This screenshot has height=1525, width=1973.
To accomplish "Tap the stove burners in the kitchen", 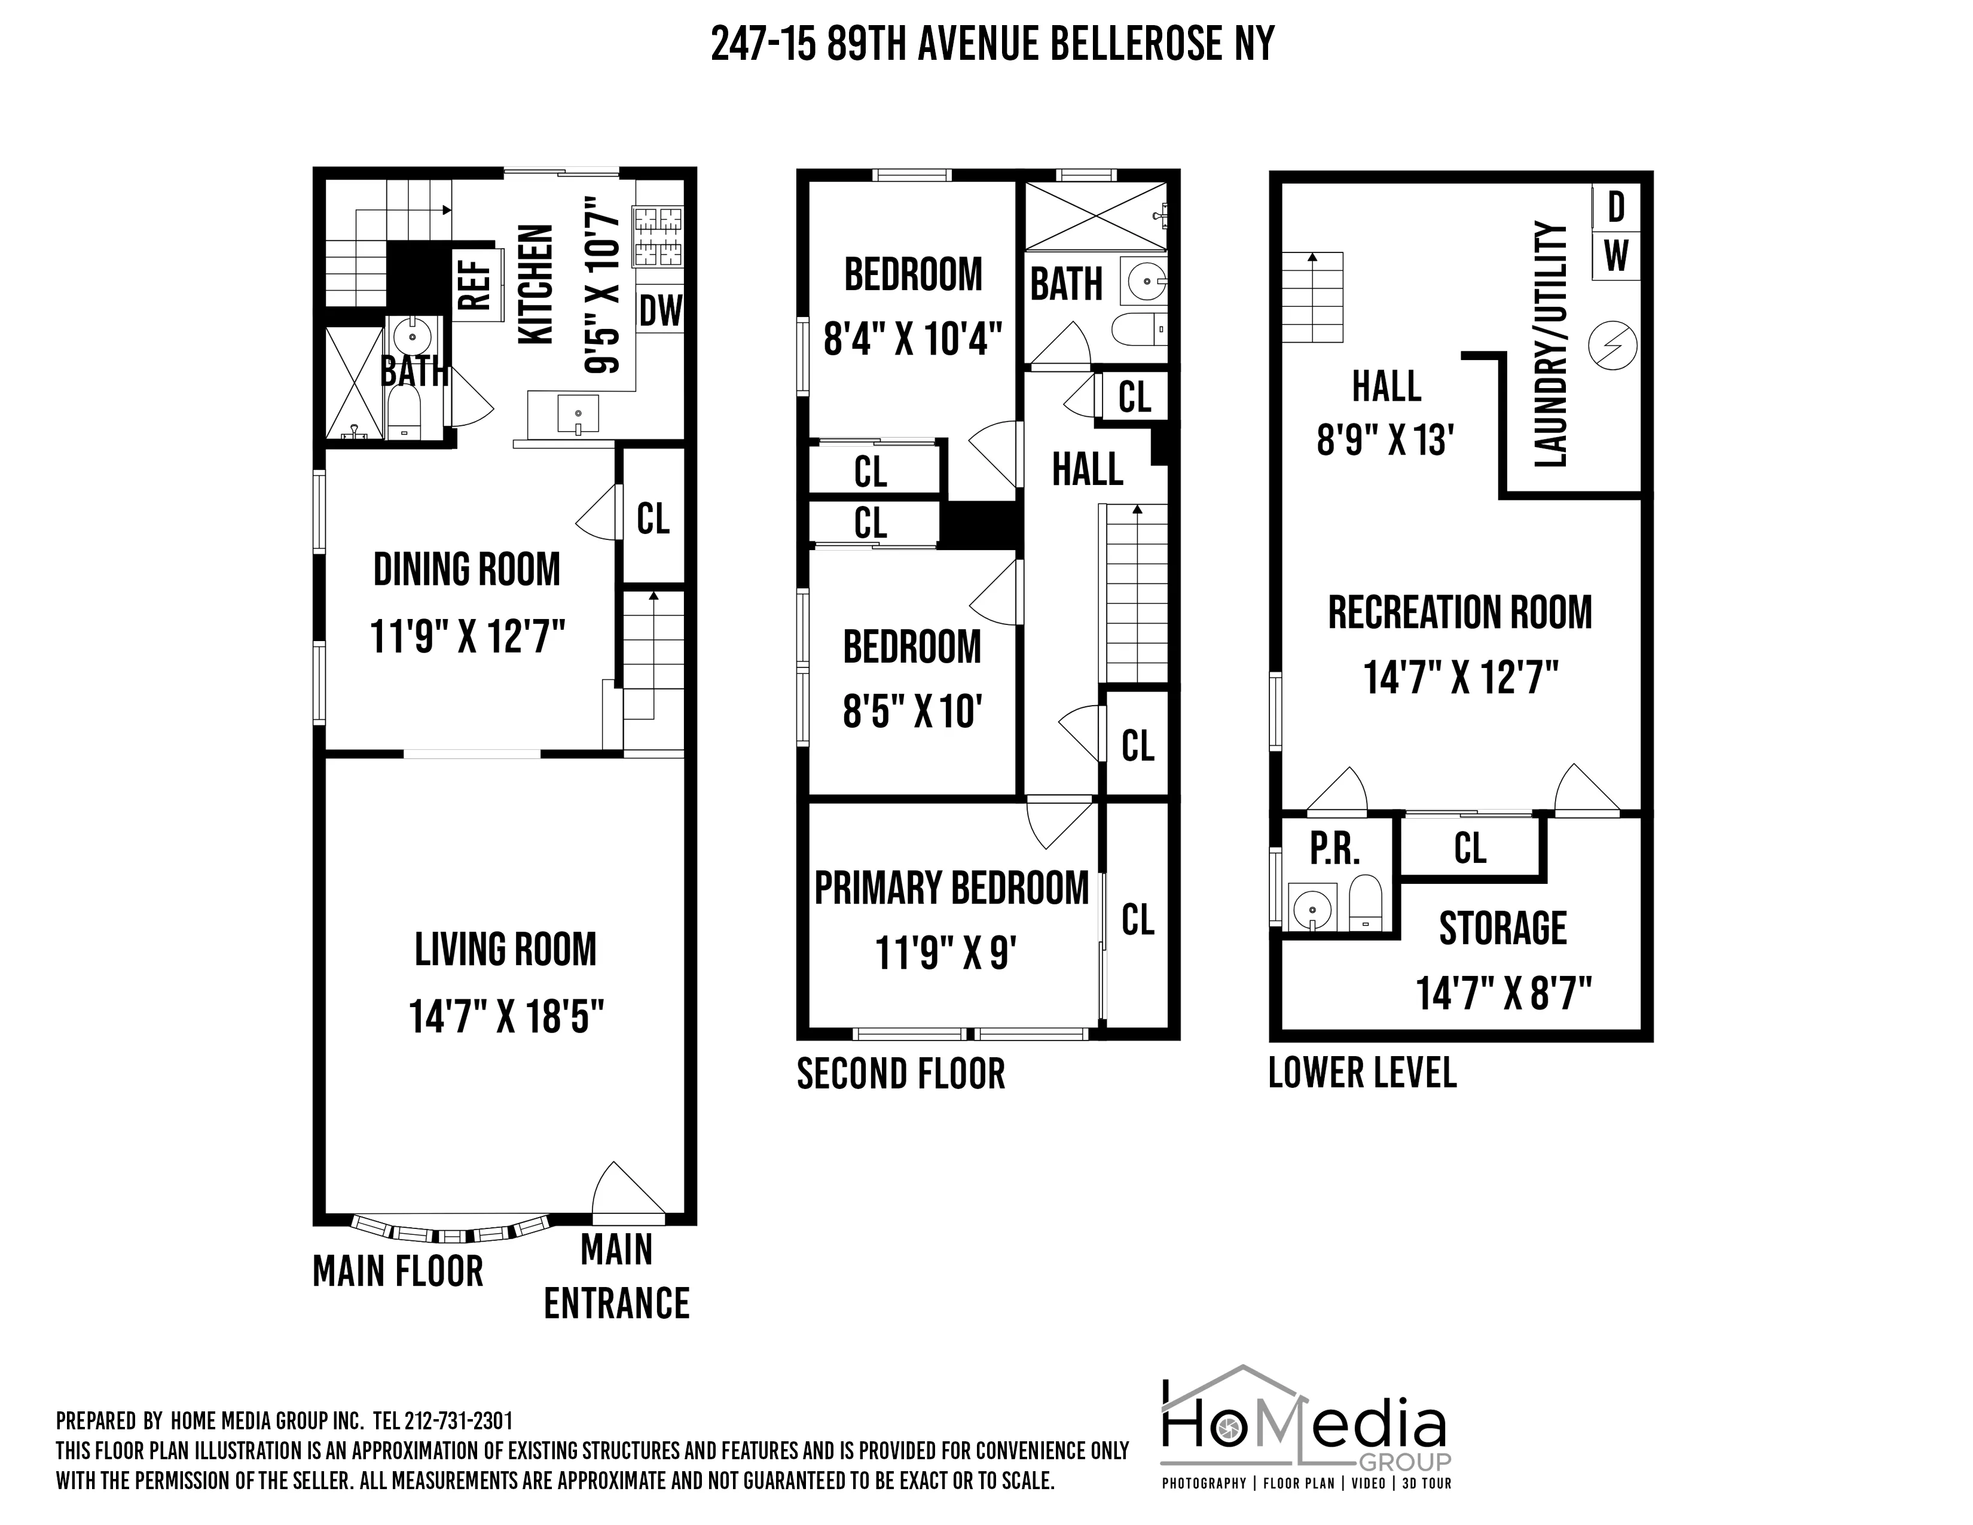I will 659,237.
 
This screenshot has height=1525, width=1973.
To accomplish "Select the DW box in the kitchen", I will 661,312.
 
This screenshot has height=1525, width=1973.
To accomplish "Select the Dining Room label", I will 466,570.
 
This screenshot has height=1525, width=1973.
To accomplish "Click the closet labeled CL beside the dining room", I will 653,518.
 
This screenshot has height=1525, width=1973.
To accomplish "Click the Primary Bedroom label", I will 951,888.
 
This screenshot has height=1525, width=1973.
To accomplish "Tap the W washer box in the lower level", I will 1616,256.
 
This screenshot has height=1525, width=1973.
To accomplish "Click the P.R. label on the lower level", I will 1334,849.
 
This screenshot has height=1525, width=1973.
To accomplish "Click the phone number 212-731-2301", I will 458,1421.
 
